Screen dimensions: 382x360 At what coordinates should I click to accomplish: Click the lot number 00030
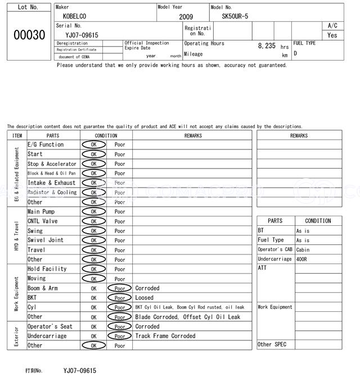29,35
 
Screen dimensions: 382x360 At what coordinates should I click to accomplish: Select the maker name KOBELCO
75,16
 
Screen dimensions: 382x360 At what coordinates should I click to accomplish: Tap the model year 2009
186,17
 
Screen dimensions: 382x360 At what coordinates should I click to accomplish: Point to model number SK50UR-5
236,16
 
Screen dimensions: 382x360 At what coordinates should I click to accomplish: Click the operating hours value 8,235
267,46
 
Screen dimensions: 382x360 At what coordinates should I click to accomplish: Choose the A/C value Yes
332,35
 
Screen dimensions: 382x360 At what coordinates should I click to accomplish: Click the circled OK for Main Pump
93,212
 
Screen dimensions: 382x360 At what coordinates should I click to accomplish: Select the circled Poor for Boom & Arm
120,288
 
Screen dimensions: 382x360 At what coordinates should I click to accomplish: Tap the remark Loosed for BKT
144,298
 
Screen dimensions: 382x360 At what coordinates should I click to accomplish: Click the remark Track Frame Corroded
165,336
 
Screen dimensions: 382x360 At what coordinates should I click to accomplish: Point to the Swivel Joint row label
46,240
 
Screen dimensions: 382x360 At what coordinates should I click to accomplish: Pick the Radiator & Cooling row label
52,192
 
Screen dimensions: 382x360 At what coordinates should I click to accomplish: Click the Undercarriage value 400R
303,259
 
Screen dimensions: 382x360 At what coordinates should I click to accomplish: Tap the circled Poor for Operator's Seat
120,326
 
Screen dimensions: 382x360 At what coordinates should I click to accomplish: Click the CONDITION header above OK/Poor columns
106,135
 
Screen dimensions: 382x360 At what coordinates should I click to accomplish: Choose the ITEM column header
17,135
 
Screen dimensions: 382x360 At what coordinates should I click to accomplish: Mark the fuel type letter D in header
295,53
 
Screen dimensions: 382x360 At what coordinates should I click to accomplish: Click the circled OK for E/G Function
93,145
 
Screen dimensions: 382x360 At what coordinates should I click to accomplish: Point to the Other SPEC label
272,344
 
